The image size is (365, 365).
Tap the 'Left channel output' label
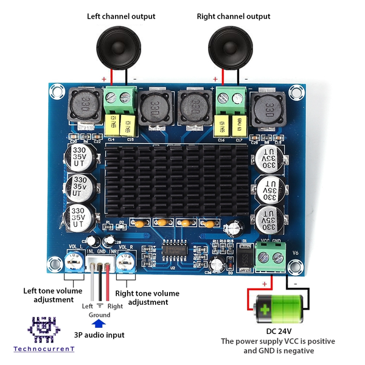pos(120,16)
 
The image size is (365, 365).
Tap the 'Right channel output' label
pos(234,16)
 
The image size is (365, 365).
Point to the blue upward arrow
pos(99,325)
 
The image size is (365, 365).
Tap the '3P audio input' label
pos(99,335)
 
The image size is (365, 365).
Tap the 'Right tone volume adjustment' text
pos(147,297)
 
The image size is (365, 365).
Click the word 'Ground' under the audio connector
pos(99,315)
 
